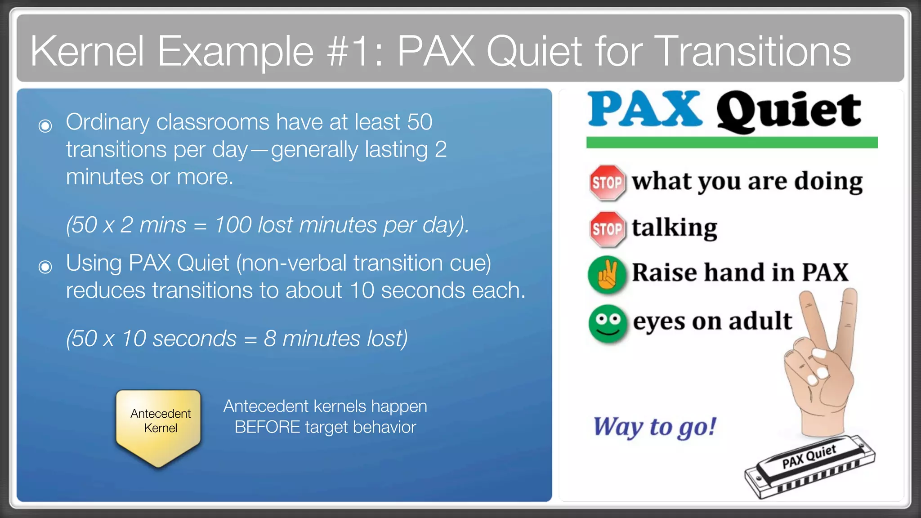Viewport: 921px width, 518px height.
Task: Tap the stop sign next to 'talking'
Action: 607,229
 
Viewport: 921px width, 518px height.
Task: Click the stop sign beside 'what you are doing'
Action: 607,183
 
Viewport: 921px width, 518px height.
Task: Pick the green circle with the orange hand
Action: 607,274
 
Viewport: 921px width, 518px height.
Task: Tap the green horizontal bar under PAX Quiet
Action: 732,143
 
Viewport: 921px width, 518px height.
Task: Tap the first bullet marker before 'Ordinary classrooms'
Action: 45,125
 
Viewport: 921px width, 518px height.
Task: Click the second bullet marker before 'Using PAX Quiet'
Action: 45,267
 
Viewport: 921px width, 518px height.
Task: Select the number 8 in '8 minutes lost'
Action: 270,338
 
